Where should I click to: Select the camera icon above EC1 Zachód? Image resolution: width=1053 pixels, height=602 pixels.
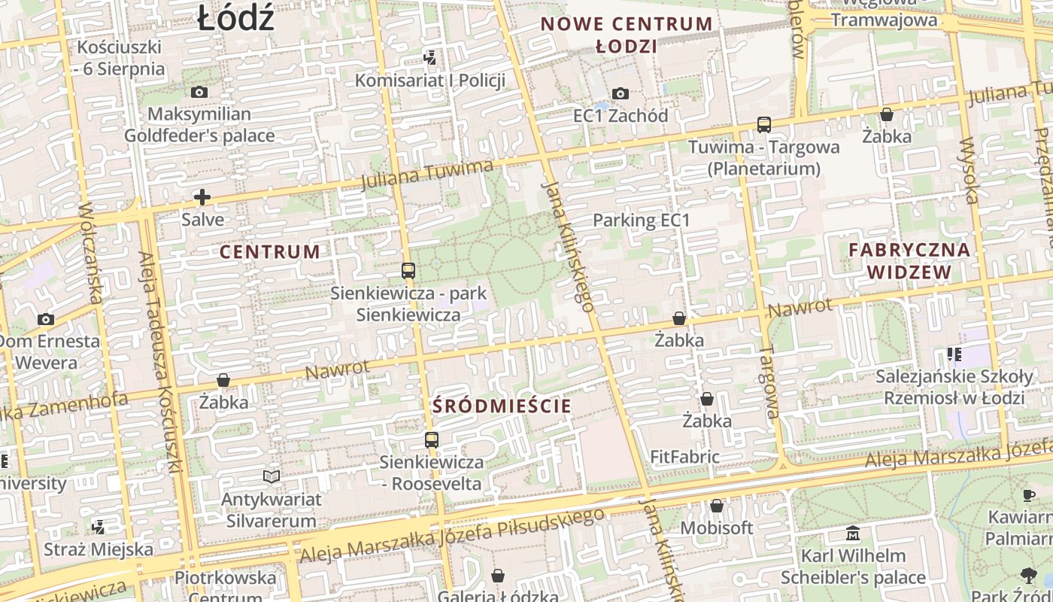(x=621, y=93)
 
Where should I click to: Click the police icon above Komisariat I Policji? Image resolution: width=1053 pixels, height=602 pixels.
(x=429, y=57)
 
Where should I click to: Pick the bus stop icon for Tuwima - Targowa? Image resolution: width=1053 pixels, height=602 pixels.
(x=764, y=124)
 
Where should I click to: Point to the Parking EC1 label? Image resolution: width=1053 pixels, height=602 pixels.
(x=641, y=220)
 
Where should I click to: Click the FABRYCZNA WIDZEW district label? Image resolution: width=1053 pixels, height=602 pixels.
(x=909, y=260)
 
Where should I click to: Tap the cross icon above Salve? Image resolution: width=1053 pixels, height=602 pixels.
(x=202, y=197)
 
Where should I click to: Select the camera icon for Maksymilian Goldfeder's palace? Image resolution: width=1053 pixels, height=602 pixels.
(x=199, y=92)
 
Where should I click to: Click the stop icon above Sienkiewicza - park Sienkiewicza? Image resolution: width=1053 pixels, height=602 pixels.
(x=408, y=270)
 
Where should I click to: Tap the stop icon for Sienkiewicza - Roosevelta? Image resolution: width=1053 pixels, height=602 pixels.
(x=431, y=439)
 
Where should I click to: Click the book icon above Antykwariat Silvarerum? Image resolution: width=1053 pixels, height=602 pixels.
(x=271, y=476)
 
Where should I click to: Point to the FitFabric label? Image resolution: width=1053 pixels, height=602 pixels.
(x=684, y=457)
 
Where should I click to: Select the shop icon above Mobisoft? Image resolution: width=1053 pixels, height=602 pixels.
(x=717, y=506)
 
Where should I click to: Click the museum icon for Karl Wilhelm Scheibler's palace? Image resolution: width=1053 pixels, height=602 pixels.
(x=853, y=534)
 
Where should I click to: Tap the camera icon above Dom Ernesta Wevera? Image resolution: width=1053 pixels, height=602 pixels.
(x=46, y=319)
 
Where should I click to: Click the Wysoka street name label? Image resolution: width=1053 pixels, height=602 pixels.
(x=970, y=171)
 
